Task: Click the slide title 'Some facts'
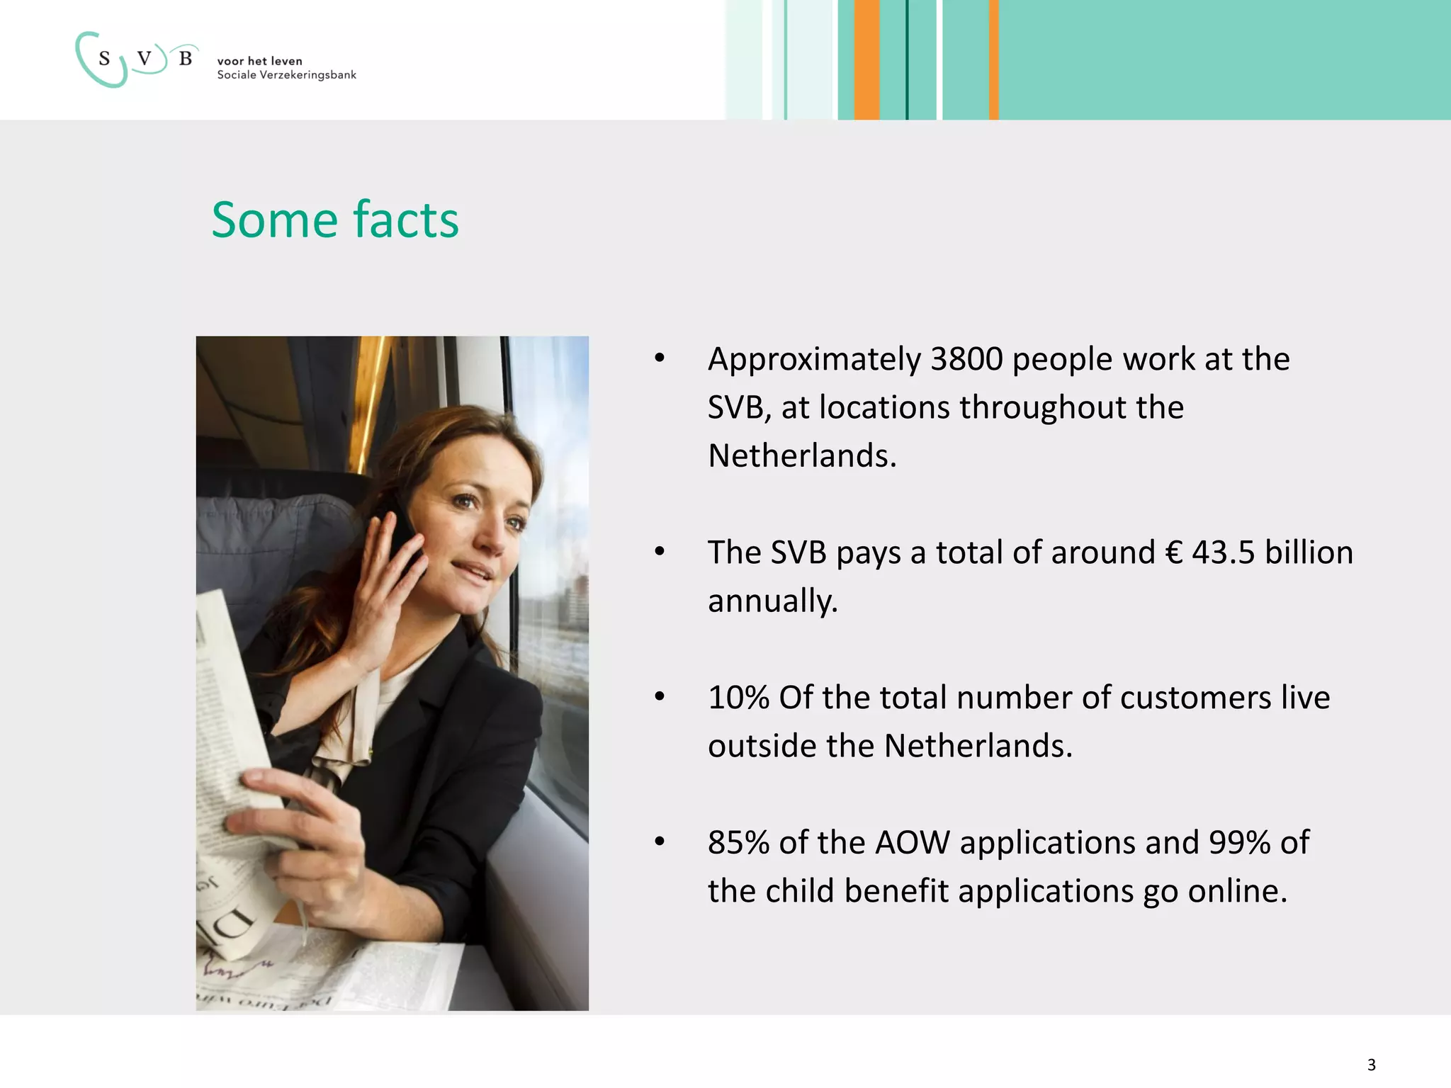point(335,220)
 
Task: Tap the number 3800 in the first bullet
point(966,359)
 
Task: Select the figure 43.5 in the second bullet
point(1224,552)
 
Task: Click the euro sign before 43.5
point(1174,552)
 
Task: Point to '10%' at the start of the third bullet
point(738,698)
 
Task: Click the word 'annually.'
point(772,601)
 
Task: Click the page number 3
point(1371,1065)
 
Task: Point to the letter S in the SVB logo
point(105,59)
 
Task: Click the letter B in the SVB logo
point(186,59)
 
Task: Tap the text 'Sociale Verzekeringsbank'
point(286,75)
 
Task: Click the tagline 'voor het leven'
point(259,61)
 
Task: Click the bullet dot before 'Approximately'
point(660,358)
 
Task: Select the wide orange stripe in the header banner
point(866,59)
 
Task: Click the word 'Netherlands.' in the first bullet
point(802,455)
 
